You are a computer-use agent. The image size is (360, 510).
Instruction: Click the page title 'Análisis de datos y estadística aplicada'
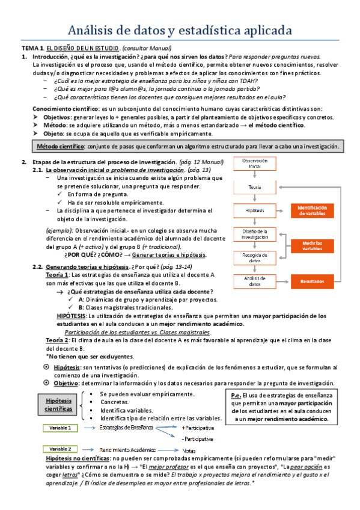[180, 29]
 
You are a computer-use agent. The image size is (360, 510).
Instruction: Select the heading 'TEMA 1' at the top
[32, 48]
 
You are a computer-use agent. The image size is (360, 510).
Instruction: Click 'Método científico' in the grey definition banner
[59, 147]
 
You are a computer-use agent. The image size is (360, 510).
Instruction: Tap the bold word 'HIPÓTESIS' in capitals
[71, 315]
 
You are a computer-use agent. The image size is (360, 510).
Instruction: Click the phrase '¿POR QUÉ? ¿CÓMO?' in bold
[90, 254]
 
